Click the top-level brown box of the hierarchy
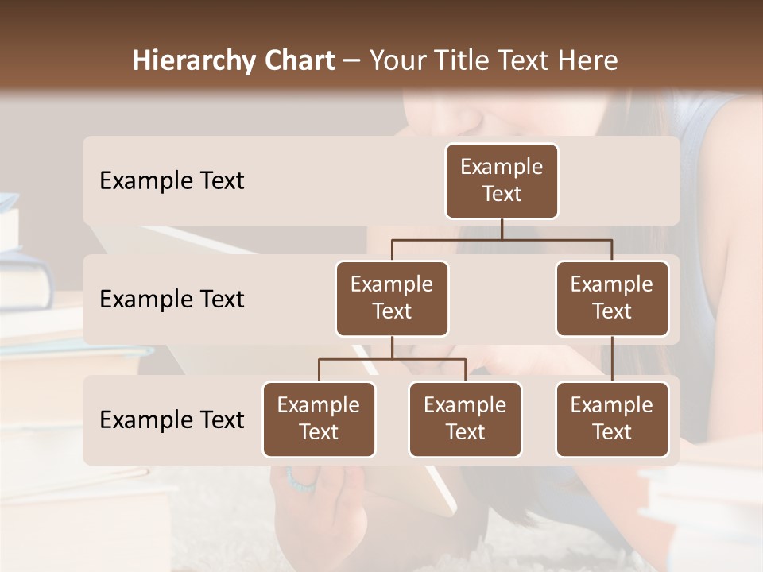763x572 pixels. [x=502, y=180]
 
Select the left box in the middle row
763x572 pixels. [x=392, y=298]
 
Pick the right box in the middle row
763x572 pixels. [x=612, y=298]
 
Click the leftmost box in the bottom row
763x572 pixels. [x=319, y=419]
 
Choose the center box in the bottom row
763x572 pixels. [x=465, y=419]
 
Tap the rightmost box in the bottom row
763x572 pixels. [x=612, y=419]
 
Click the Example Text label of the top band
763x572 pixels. [x=172, y=181]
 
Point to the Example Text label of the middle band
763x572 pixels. [x=172, y=300]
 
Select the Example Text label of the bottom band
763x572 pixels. [x=172, y=419]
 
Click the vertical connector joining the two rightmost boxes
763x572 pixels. [x=612, y=359]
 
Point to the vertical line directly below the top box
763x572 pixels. [x=502, y=229]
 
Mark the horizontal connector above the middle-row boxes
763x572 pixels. [x=502, y=239]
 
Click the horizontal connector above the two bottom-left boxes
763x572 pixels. [x=392, y=359]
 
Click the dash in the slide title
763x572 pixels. [x=352, y=62]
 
